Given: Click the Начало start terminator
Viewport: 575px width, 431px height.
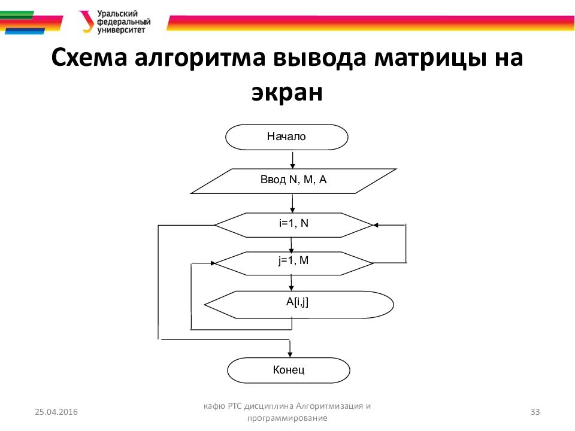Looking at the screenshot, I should [286, 137].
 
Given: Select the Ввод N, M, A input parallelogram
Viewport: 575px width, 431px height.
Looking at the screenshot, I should [293, 180].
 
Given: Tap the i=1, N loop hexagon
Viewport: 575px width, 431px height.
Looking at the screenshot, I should [293, 224].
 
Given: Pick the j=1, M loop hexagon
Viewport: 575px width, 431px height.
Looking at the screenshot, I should [293, 262].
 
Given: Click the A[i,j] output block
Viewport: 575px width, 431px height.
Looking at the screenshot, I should [298, 304].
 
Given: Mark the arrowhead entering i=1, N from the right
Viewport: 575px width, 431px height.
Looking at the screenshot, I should [376, 225].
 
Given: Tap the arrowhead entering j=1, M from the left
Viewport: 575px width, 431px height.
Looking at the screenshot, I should [211, 263].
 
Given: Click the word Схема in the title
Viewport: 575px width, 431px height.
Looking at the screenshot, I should [88, 60].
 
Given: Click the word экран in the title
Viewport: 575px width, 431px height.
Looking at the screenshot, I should [287, 93].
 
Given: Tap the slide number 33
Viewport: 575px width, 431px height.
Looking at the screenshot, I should [535, 411].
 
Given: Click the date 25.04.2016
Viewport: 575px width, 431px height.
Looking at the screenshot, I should [56, 412].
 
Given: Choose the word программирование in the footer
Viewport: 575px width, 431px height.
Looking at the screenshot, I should [287, 418].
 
